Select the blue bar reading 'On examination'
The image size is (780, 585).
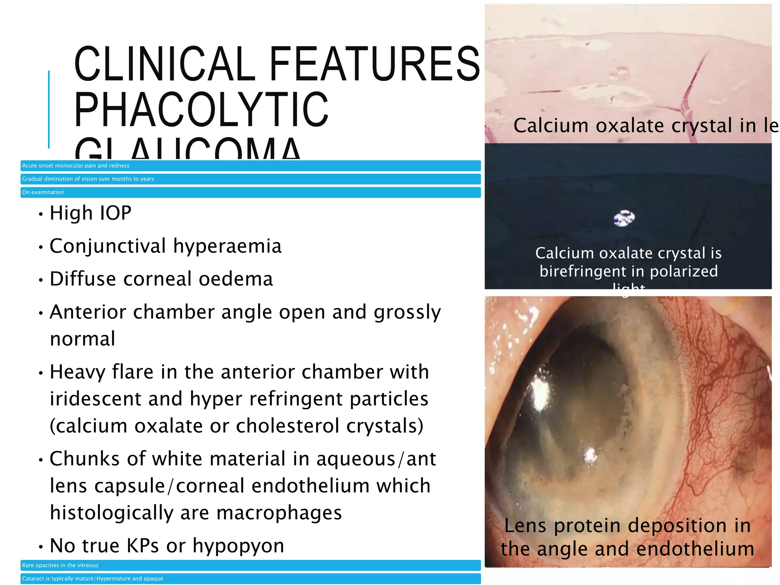pyautogui.click(x=250, y=192)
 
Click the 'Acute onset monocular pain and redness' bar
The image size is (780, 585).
pyautogui.click(x=250, y=166)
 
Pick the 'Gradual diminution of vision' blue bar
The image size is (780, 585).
pyautogui.click(x=250, y=179)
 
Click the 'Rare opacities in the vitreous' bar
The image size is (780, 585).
pyautogui.click(x=250, y=565)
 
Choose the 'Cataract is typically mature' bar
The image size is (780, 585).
pyautogui.click(x=250, y=579)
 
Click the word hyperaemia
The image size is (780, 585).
pyautogui.click(x=227, y=246)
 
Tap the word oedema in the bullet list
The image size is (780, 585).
pyautogui.click(x=236, y=279)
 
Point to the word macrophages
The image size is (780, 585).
pyautogui.click(x=279, y=513)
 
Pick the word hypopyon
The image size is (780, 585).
pyautogui.click(x=238, y=546)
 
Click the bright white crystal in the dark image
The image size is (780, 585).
pyautogui.click(x=624, y=218)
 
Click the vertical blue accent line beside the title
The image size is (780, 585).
pyautogui.click(x=49, y=109)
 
